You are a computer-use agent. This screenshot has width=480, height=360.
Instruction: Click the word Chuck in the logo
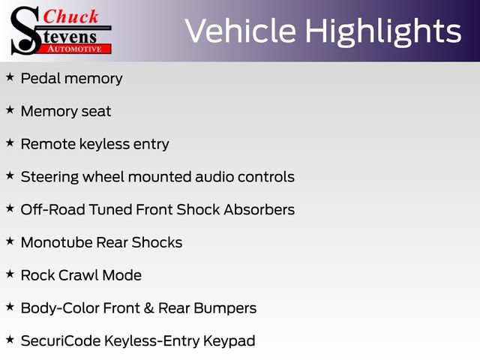70,16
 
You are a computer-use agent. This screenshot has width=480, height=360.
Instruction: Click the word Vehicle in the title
241,31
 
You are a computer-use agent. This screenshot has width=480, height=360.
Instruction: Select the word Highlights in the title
383,32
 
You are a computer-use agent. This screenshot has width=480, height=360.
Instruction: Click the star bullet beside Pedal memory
10,76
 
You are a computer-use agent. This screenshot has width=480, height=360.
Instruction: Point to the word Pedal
40,78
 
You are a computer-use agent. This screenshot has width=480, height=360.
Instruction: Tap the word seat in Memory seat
96,112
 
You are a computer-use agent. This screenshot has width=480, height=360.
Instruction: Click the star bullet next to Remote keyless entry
10,142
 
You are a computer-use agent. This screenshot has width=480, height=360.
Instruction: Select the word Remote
48,144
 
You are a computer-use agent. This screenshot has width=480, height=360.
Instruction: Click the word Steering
49,177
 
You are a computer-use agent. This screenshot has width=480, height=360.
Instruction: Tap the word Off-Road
53,210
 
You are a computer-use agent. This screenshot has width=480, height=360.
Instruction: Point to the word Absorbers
259,210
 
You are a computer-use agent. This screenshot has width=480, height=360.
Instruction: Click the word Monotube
57,242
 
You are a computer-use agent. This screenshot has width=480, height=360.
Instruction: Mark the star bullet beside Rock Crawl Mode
10,274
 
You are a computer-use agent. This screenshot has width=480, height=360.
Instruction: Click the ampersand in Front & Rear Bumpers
148,308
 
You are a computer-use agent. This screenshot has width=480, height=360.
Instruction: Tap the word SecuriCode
61,341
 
